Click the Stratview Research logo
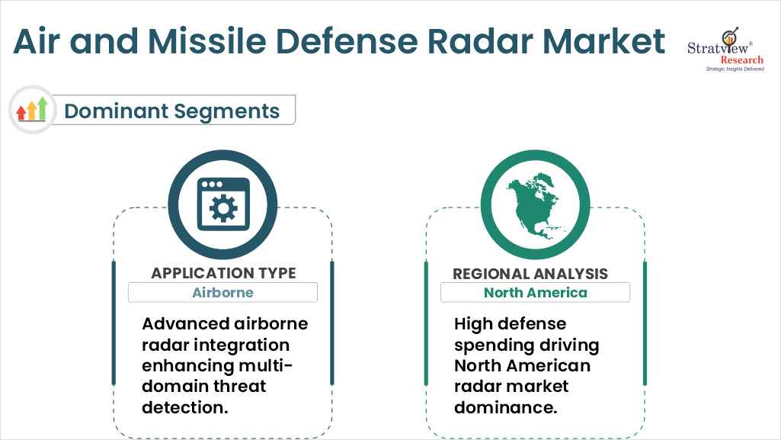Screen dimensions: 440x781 pos(725,50)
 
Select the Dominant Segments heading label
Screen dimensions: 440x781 pos(171,111)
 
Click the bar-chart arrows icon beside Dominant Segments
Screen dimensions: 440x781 pos(32,110)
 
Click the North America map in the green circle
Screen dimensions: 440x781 pos(535,204)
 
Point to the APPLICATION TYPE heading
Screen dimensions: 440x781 pos(223,273)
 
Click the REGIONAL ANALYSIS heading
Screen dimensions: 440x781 pos(530,274)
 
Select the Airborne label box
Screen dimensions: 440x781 pos(222,292)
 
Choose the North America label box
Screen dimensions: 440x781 pos(535,292)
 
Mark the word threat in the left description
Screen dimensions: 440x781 pos(242,386)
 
